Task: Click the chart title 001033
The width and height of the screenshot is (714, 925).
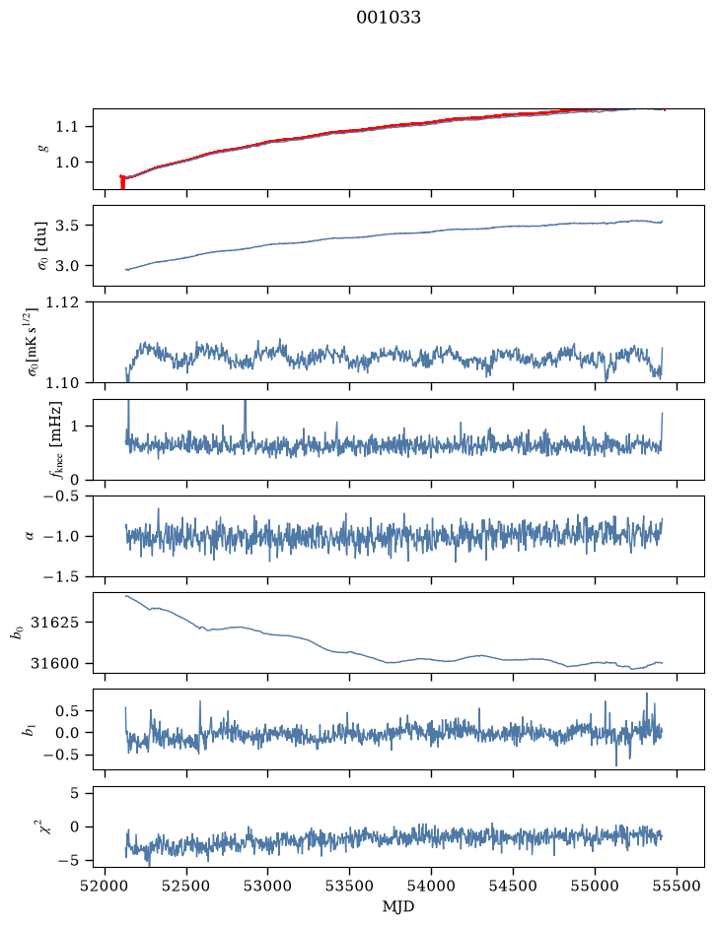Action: coord(388,18)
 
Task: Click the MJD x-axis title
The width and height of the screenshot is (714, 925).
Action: coord(398,906)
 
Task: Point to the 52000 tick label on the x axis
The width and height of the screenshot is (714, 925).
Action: coord(106,886)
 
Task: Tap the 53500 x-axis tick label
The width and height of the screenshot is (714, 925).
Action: coord(350,886)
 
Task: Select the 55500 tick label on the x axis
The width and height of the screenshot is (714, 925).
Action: coord(677,886)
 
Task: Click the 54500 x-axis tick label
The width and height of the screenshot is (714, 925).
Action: coord(513,886)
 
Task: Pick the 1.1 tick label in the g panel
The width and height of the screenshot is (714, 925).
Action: coord(66,127)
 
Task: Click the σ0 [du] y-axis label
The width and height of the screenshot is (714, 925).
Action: coord(42,246)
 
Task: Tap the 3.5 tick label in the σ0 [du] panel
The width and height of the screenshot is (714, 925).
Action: coord(66,226)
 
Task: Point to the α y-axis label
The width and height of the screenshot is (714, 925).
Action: coord(30,536)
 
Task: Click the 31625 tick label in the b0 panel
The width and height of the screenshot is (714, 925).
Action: coord(53,623)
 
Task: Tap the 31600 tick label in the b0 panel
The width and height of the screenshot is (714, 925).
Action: coord(53,663)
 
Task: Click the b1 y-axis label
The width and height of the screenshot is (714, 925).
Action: coord(28,730)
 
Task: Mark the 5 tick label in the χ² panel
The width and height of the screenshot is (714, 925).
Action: coord(74,793)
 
